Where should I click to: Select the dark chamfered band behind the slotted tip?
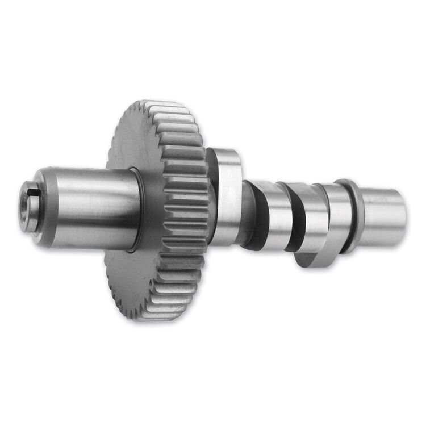tap(44, 207)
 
